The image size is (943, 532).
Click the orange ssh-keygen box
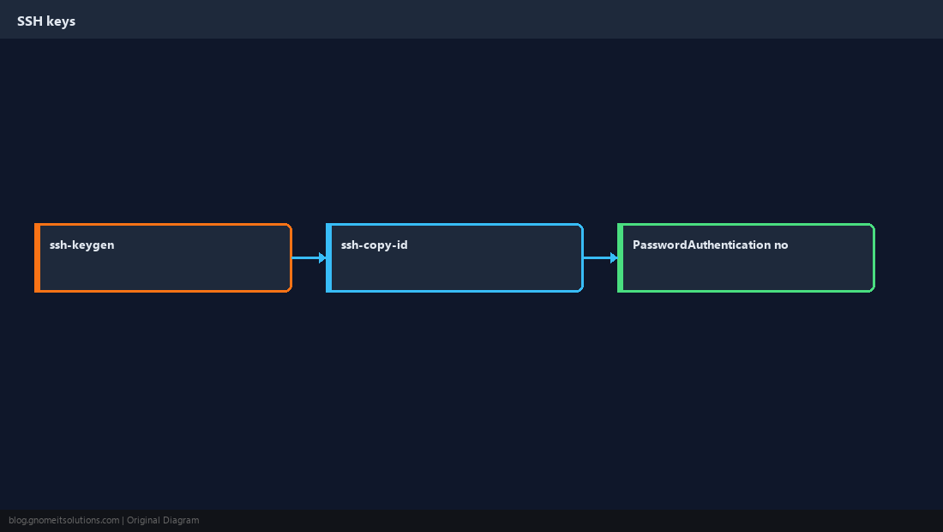[x=163, y=257]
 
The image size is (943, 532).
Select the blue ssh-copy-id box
[x=454, y=257]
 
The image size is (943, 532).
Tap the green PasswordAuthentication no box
[x=747, y=257]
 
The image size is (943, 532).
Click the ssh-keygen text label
[x=81, y=245]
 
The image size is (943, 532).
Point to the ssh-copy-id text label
[x=374, y=245]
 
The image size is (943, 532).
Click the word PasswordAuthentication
[x=702, y=245]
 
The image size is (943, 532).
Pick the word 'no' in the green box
[x=781, y=245]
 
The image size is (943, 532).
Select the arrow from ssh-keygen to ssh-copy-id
[x=309, y=257]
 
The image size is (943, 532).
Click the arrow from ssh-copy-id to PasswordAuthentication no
[x=601, y=257]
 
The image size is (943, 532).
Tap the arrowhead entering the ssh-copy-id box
[x=322, y=257]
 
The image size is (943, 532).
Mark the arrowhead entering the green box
[x=614, y=257]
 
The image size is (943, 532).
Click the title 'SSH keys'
[x=46, y=21]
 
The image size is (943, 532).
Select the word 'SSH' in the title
[x=30, y=21]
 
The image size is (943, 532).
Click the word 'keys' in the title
[x=62, y=21]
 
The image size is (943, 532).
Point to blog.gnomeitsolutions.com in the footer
[x=63, y=521]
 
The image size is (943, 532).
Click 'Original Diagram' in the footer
[x=163, y=521]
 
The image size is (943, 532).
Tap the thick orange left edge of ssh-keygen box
[x=37, y=257]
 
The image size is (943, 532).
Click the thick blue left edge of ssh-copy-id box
[x=329, y=257]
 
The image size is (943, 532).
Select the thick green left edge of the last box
[x=621, y=257]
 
